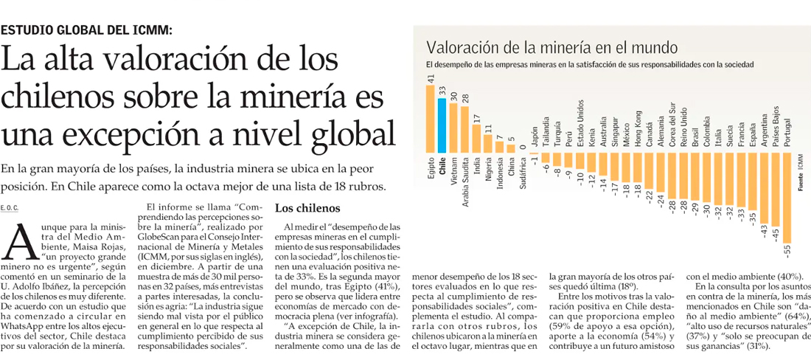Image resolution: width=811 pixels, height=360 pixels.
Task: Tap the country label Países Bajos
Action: (x=775, y=125)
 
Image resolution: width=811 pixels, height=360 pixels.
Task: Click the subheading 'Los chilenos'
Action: (x=307, y=208)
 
